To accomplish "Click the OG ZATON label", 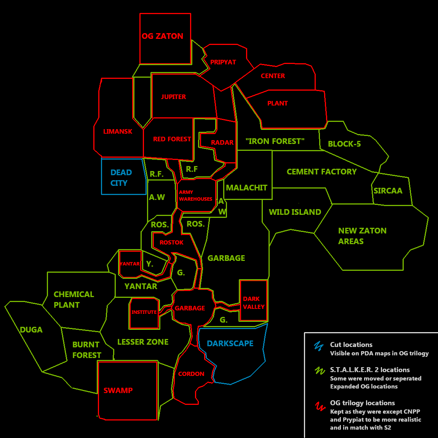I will [x=162, y=36].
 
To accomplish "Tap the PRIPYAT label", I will [x=223, y=62].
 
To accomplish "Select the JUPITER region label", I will [x=173, y=97].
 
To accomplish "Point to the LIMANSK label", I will [x=118, y=131].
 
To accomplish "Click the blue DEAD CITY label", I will [x=121, y=177].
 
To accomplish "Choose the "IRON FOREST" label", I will [x=275, y=141].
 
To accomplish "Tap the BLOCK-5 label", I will [x=344, y=144].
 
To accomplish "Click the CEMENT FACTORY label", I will [x=321, y=172].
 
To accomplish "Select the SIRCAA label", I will [x=388, y=191].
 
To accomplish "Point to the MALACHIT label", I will [x=246, y=188].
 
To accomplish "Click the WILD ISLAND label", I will [x=295, y=212].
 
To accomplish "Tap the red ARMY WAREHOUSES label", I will [x=195, y=196].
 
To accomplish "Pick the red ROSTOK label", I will [x=171, y=243].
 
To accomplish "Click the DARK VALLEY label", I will [x=254, y=303].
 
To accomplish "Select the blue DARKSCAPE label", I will [x=230, y=344].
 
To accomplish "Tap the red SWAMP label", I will [x=118, y=390].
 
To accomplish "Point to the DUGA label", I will [x=31, y=330].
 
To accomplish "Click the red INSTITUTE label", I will [x=144, y=312].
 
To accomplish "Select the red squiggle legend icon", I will [x=320, y=407].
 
